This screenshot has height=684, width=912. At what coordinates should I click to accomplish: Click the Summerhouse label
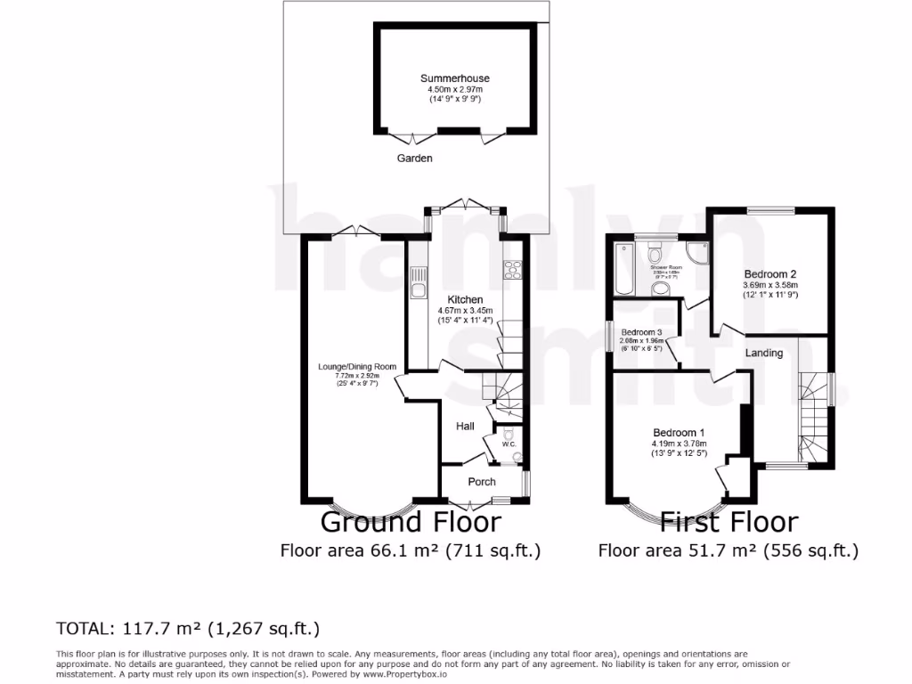coord(455,78)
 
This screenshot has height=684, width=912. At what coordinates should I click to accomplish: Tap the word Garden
coord(415,159)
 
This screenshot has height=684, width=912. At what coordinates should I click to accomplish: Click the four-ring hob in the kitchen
coord(513,269)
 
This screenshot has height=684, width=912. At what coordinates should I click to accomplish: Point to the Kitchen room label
coord(465,300)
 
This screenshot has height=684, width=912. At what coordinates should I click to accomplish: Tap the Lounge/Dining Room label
coord(357,366)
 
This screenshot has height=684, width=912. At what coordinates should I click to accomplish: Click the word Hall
coord(465,427)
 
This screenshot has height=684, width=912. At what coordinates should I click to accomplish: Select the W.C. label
coord(509,444)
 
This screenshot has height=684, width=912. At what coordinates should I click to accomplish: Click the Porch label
coord(482,482)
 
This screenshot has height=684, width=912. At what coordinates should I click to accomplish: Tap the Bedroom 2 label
coord(770,273)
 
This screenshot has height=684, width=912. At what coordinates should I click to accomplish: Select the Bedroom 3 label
coord(643,331)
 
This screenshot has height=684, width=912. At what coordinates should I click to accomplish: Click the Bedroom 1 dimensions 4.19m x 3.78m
coord(678,444)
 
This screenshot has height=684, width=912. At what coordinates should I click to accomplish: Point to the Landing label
coord(764,353)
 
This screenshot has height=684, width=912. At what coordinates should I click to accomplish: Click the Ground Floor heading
coord(410,521)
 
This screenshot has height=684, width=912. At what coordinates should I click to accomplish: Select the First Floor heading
coord(729,521)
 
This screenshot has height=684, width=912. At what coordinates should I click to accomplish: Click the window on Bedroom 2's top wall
coord(770,209)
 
